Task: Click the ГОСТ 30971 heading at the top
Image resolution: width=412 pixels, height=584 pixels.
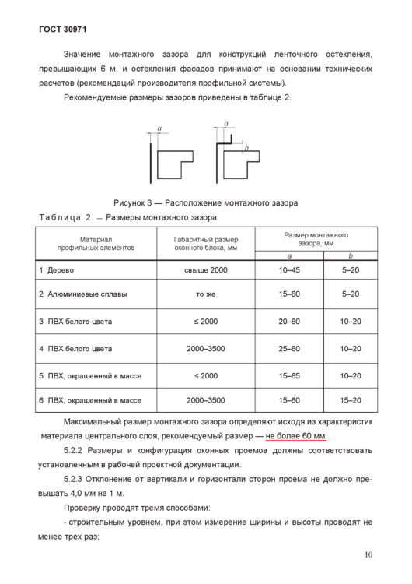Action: (61, 30)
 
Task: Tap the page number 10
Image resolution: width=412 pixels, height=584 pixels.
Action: (368, 555)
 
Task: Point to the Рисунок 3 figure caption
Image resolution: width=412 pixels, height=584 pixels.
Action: (204, 202)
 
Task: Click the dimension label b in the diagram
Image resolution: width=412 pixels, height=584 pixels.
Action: (246, 147)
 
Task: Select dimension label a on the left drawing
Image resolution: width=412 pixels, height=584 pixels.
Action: (159, 128)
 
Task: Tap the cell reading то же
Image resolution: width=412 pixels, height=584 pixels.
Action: (206, 294)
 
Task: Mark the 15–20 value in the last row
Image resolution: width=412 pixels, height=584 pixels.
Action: (351, 400)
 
